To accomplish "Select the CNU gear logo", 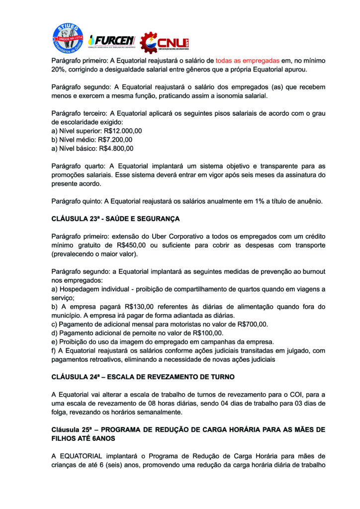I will click(164, 43).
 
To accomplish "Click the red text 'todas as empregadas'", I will click(248, 60).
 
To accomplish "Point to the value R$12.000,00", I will click(121, 131).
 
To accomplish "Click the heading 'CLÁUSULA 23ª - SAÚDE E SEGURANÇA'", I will click(115, 218).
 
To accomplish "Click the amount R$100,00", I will click(207, 333).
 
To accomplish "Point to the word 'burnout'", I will click(311, 272).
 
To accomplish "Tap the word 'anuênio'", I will click(307, 201).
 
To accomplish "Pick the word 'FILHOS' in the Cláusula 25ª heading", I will click(64, 438).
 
